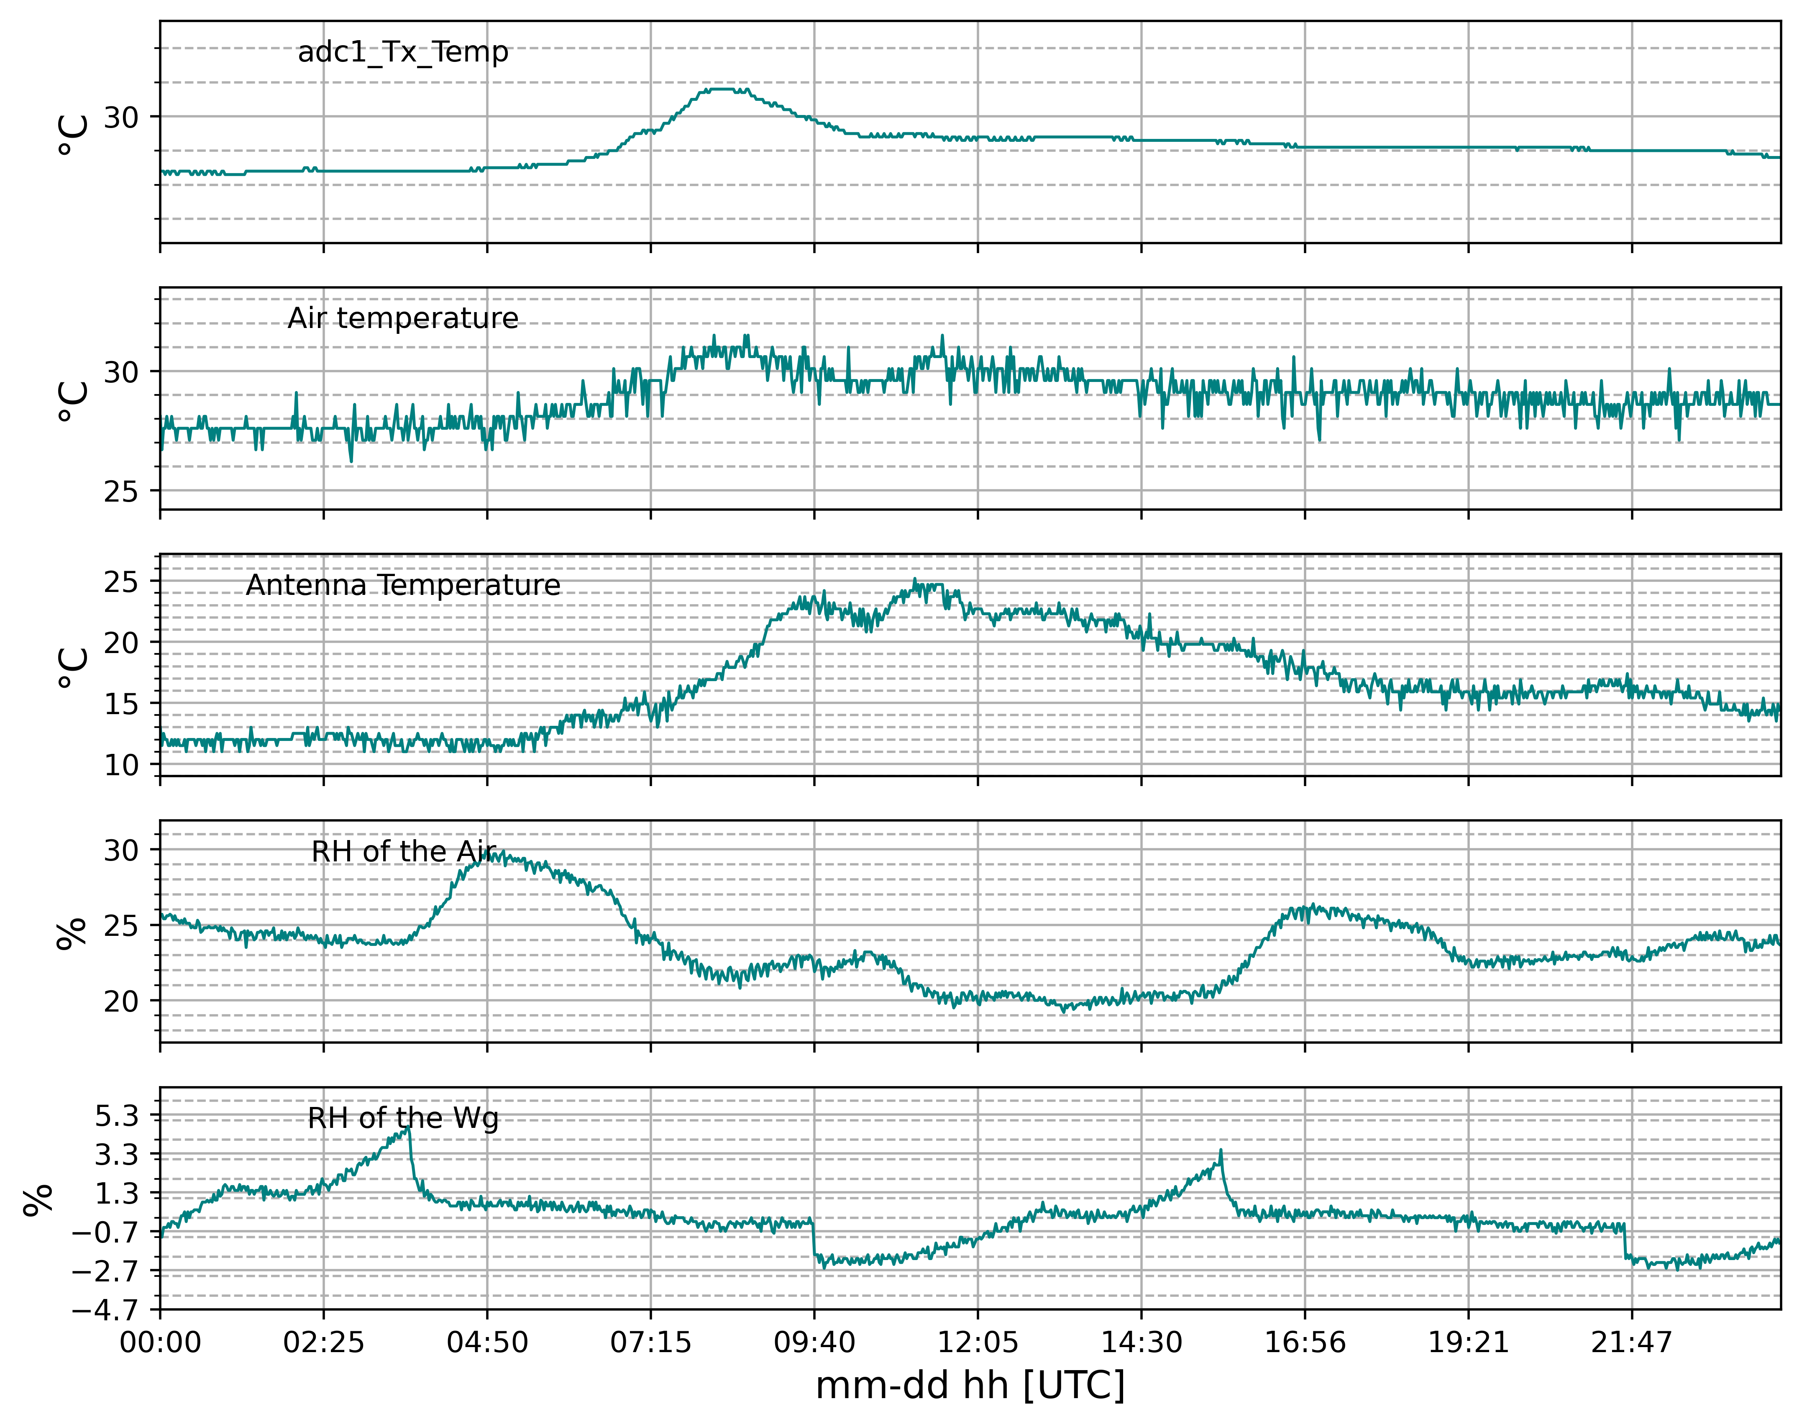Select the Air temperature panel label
403,318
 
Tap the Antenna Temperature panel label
403,585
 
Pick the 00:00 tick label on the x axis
160,1342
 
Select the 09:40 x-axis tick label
814,1342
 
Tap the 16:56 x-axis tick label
1305,1342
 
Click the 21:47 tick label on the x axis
1632,1342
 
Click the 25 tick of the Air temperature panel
121,491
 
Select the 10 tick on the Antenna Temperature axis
121,764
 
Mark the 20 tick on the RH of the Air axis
121,1001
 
